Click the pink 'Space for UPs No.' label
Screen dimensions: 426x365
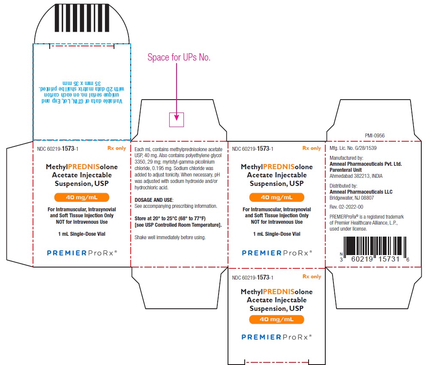point(179,57)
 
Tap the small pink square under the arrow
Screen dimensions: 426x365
point(177,120)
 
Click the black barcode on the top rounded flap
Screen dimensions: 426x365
point(82,18)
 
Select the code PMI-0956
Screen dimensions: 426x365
point(375,136)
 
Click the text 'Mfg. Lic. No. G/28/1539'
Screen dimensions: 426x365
point(353,148)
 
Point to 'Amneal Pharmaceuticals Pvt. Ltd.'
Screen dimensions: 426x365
point(366,164)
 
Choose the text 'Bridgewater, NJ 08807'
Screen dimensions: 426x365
point(351,198)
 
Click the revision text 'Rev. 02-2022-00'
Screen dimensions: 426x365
point(346,207)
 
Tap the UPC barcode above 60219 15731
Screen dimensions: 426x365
point(375,246)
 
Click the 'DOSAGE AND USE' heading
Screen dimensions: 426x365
point(154,200)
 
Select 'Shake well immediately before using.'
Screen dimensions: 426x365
point(170,237)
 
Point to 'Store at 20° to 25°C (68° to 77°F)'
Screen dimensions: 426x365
point(170,218)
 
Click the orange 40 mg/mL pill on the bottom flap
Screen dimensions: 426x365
point(276,319)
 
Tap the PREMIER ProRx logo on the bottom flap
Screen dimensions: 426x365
point(277,337)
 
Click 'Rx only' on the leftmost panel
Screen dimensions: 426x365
point(117,148)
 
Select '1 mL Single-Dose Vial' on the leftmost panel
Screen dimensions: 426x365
point(81,234)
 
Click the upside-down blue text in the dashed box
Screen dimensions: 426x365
point(82,92)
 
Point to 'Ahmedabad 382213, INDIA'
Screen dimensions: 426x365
point(356,176)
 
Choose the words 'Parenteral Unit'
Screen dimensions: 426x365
point(345,170)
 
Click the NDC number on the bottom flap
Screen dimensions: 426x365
point(253,277)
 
